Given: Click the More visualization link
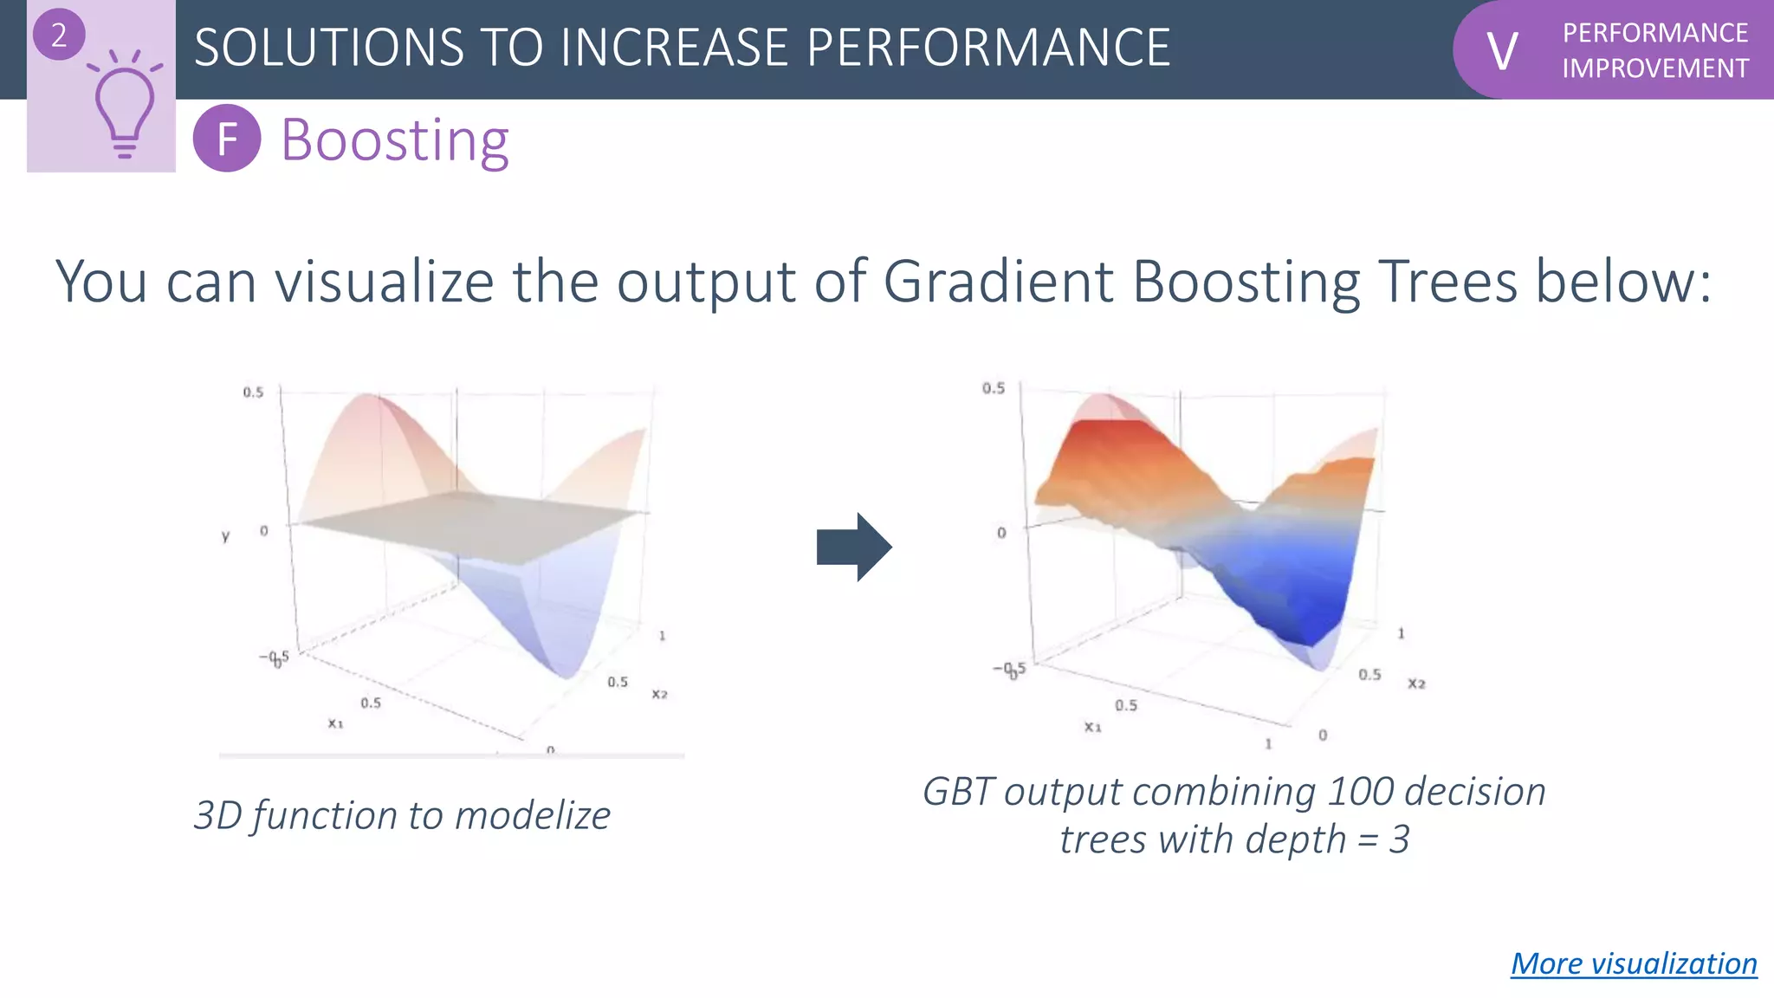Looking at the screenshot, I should coord(1634,963).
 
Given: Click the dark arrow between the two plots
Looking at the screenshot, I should coord(853,547).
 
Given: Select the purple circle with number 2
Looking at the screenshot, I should coord(59,35).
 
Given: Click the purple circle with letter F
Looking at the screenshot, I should coord(227,139).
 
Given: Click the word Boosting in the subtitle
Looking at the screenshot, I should coord(395,139).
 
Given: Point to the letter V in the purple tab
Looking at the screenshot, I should coord(1502,51).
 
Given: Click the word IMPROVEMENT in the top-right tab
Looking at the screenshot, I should coord(1655,68).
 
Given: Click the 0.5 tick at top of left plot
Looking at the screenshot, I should coord(253,392).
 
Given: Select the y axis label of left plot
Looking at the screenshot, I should coord(226,536).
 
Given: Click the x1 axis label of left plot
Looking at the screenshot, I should coord(335,723).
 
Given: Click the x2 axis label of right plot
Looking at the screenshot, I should coord(1416,684).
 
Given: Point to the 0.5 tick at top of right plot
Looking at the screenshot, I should coord(994,388).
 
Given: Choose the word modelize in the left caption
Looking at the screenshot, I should coord(533,816).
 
